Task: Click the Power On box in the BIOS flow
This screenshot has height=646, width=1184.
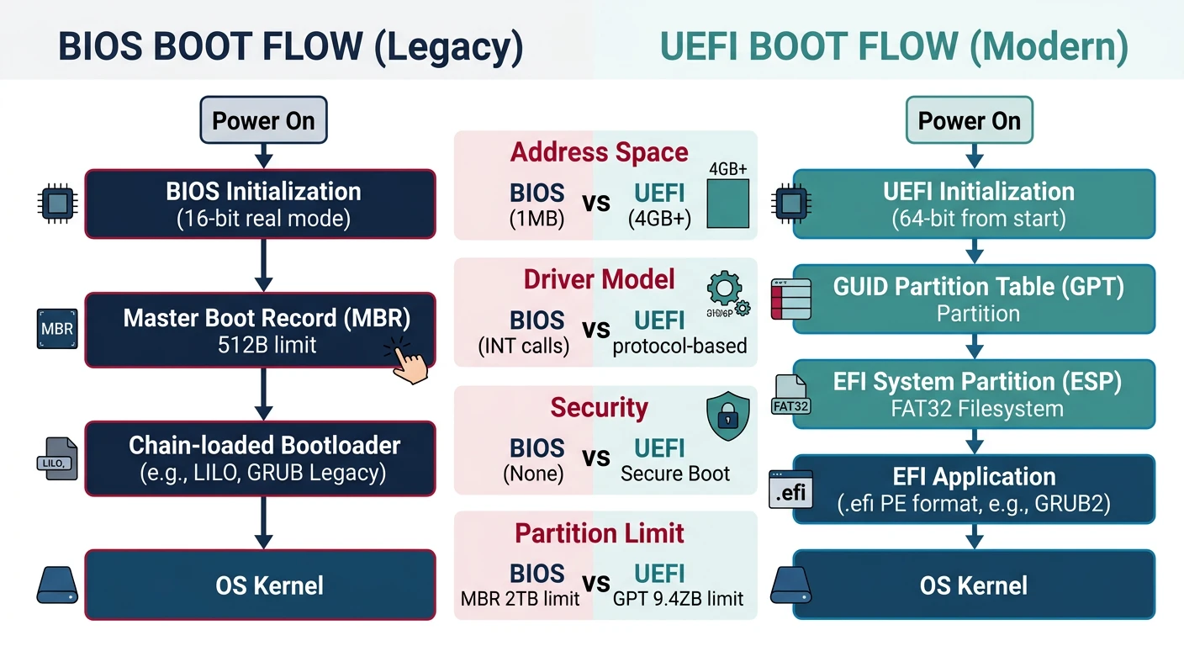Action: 262,121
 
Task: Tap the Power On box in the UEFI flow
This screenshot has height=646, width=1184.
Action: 969,121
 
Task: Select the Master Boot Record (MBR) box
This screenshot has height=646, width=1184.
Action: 261,330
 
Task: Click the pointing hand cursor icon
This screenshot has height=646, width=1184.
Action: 407,363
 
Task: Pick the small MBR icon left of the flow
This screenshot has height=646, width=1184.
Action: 57,329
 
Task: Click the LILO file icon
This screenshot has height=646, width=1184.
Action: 57,459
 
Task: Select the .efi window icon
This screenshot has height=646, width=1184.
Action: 790,490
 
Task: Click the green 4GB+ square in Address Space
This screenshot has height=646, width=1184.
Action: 727,207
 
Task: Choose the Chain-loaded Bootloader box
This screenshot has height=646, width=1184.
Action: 261,458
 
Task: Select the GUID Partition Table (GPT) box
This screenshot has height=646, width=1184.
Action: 974,299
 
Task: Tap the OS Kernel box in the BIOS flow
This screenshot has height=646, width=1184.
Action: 261,585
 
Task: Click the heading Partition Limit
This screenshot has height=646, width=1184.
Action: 599,533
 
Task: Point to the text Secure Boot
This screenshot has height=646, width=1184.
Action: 675,474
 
